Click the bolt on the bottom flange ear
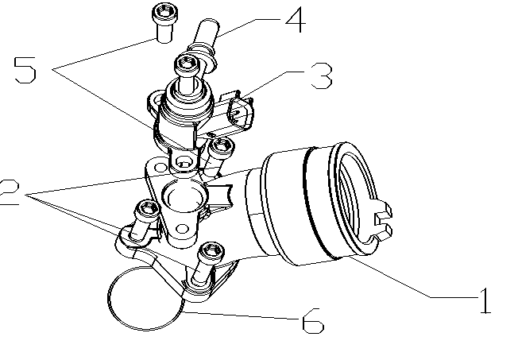coord(210,253)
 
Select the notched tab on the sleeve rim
coord(383,223)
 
